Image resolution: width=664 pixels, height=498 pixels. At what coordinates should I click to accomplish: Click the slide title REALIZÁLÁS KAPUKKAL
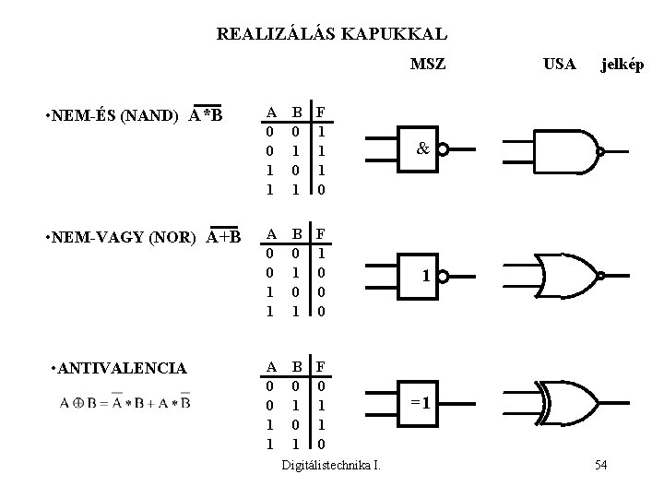[x=331, y=35]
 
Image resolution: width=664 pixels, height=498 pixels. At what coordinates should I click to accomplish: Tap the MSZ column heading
[x=427, y=65]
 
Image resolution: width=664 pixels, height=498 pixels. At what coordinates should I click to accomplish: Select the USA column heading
[x=559, y=65]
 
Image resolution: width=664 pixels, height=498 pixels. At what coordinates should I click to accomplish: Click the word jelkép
[x=622, y=65]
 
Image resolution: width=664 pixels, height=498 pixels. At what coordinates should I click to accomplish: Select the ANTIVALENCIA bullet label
[x=121, y=368]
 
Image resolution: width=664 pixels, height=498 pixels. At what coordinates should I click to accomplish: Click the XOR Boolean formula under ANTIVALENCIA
[x=125, y=402]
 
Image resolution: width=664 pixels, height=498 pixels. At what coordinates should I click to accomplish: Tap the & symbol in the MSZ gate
[x=421, y=148]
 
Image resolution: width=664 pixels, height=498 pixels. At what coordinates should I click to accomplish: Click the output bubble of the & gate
[x=444, y=150]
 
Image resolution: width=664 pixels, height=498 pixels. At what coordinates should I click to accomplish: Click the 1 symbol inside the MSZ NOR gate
[x=424, y=276]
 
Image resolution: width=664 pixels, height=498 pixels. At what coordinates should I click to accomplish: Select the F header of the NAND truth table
[x=320, y=113]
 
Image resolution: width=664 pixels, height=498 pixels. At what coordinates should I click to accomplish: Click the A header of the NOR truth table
[x=270, y=233]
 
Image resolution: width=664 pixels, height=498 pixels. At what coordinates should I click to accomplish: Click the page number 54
[x=601, y=464]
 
